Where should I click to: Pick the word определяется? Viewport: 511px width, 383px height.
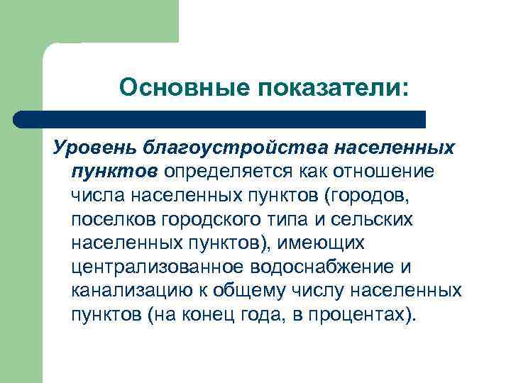[x=219, y=172]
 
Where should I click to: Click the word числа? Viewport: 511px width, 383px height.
[x=97, y=196]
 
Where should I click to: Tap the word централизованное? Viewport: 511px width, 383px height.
[x=158, y=267]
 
